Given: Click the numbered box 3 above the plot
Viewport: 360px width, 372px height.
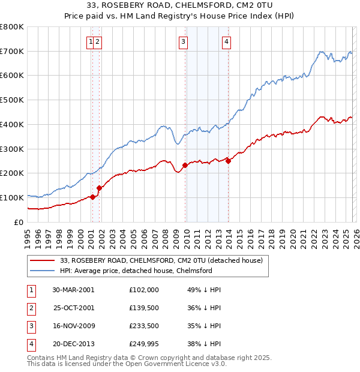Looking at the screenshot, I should [182, 41].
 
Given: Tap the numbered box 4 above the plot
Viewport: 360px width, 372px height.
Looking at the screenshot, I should [226, 41].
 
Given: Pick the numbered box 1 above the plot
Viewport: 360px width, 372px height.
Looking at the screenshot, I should [90, 41].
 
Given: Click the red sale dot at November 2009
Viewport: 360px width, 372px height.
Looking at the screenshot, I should [185, 165].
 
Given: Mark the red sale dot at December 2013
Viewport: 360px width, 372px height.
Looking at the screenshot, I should [229, 161].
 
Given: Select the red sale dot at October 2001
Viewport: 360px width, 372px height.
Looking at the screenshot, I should [99, 188].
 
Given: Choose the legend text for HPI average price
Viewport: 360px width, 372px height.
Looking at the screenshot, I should [136, 271].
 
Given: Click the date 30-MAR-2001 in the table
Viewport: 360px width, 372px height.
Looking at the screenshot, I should [73, 289].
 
